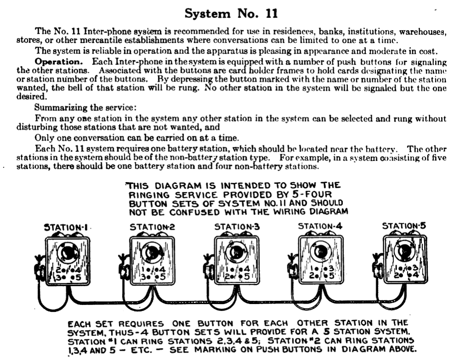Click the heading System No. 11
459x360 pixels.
click(231, 14)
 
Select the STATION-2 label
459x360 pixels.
click(152, 227)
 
